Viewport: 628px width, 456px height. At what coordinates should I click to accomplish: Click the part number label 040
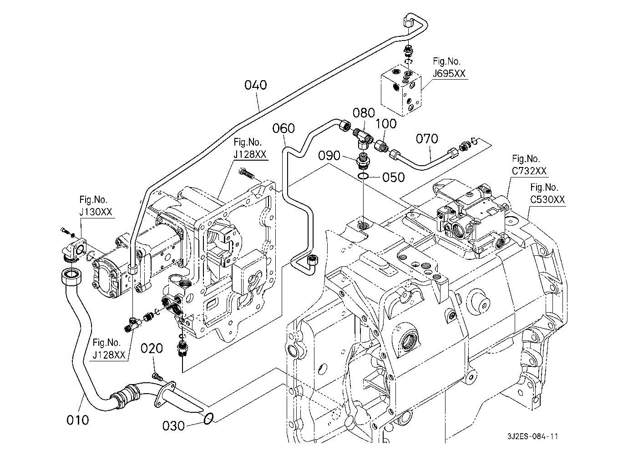(x=255, y=85)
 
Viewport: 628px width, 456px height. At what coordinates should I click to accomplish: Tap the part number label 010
(x=77, y=420)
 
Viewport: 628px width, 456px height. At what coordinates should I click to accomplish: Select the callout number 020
(x=152, y=349)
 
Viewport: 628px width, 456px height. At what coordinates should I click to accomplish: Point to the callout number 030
(x=173, y=426)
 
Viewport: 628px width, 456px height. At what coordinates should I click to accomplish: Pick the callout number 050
(x=393, y=177)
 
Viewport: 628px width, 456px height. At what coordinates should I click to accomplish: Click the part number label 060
(x=284, y=128)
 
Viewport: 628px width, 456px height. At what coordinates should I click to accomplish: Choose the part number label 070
(x=426, y=138)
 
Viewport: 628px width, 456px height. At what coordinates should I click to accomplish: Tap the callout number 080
(x=364, y=112)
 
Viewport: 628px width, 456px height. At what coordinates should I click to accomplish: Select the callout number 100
(x=386, y=123)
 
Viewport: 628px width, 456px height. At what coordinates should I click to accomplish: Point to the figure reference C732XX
(x=528, y=171)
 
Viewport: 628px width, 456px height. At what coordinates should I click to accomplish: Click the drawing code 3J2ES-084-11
(x=532, y=436)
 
